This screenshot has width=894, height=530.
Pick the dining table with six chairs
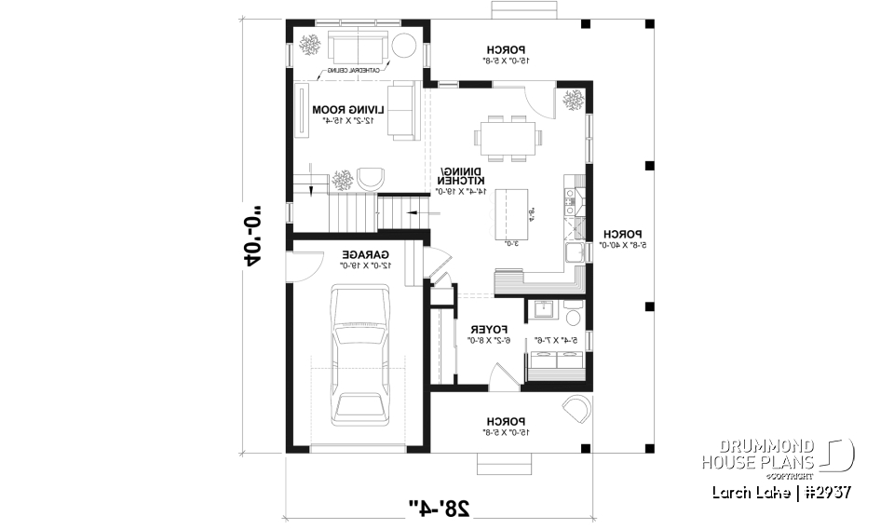(x=508, y=137)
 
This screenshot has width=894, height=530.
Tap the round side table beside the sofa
(x=404, y=46)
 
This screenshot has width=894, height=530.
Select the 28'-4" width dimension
(x=440, y=508)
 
